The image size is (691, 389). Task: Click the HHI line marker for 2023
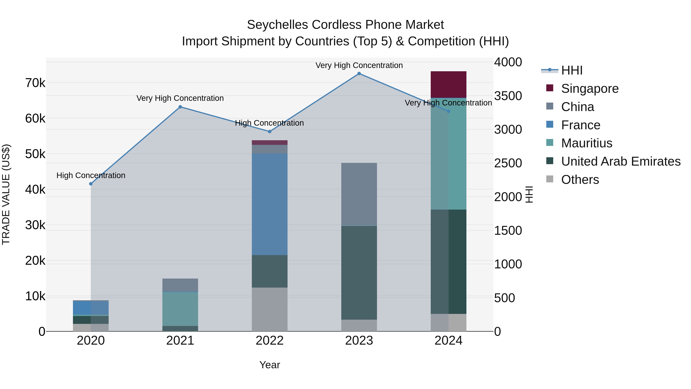(x=359, y=74)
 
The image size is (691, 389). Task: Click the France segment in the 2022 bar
(x=270, y=204)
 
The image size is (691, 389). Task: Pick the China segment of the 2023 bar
(x=359, y=194)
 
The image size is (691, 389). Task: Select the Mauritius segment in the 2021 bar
(x=180, y=309)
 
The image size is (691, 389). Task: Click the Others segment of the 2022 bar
(x=270, y=309)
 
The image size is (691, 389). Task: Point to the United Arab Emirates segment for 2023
(x=359, y=272)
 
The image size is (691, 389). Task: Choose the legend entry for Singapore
(x=590, y=89)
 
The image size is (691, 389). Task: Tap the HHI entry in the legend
(x=572, y=70)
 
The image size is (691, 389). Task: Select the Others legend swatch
(x=550, y=179)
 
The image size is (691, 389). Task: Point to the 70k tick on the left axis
(x=35, y=83)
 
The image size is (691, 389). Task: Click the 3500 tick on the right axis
(x=508, y=96)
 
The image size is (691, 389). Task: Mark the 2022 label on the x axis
(x=270, y=341)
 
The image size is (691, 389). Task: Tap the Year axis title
(x=270, y=365)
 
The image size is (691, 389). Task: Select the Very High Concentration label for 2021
(x=180, y=98)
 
